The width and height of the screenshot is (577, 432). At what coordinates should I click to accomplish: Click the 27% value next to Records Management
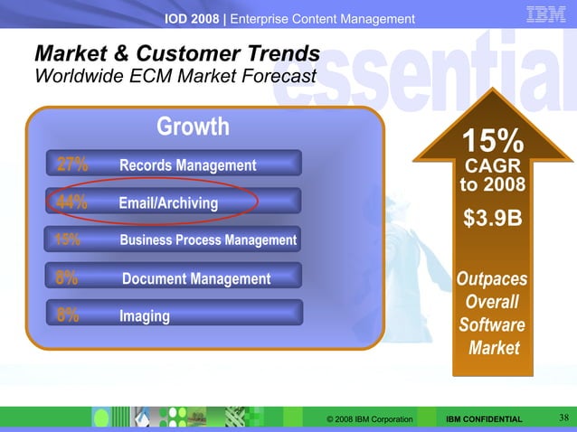pyautogui.click(x=71, y=164)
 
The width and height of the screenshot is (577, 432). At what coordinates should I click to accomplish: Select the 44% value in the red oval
pyautogui.click(x=71, y=202)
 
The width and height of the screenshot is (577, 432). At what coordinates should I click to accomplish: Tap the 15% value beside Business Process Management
pyautogui.click(x=67, y=239)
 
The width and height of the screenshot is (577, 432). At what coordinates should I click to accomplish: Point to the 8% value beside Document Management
pyautogui.click(x=66, y=278)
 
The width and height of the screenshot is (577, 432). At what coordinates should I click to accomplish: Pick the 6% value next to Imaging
pyautogui.click(x=66, y=315)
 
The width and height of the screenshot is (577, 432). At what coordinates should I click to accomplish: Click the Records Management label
pyautogui.click(x=187, y=165)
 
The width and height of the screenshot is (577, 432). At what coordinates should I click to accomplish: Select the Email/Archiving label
pyautogui.click(x=168, y=203)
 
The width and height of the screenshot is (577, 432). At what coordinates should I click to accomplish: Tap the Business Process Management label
pyautogui.click(x=208, y=240)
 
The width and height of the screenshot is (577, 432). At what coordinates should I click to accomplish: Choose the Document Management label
pyautogui.click(x=196, y=279)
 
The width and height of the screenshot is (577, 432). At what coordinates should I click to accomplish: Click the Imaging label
pyautogui.click(x=145, y=316)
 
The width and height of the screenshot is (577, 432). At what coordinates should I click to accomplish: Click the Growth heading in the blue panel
pyautogui.click(x=193, y=127)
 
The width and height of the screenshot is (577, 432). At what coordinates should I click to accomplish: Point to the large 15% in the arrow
pyautogui.click(x=493, y=141)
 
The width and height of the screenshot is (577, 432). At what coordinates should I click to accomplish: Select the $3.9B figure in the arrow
pyautogui.click(x=493, y=220)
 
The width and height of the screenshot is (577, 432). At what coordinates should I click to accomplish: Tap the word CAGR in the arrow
pyautogui.click(x=493, y=168)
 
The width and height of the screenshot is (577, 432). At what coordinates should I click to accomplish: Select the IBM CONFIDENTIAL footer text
pyautogui.click(x=485, y=419)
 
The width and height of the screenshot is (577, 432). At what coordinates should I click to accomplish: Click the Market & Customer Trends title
pyautogui.click(x=176, y=52)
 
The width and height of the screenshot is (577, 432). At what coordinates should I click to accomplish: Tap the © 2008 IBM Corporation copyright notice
pyautogui.click(x=370, y=419)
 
